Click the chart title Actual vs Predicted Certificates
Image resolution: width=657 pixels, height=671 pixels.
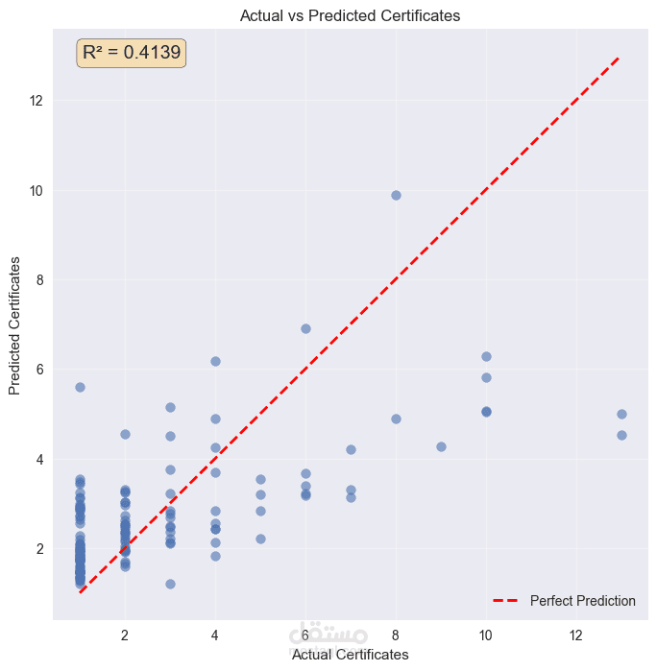[x=351, y=15]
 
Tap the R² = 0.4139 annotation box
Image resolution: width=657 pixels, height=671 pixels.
[x=132, y=53]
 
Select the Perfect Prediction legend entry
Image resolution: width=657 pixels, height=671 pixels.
[x=565, y=601]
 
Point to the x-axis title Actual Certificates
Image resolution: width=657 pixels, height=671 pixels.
[x=351, y=655]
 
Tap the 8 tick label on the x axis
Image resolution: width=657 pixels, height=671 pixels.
[x=396, y=635]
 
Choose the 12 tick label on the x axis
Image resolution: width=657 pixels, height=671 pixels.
[x=576, y=635]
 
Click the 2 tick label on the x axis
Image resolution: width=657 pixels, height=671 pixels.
[x=125, y=635]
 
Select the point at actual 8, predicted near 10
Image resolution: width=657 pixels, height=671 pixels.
[x=396, y=195]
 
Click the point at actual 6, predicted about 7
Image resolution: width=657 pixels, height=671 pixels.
[x=305, y=328]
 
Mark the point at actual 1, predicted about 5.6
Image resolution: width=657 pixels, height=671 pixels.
[x=80, y=387]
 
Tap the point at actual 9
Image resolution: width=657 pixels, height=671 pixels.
[x=441, y=446]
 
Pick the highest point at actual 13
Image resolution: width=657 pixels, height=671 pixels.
[x=621, y=414]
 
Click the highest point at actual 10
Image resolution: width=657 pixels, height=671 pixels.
[x=486, y=356]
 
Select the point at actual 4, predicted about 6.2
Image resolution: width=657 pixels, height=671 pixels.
[x=215, y=361]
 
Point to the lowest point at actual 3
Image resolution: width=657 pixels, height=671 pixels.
[x=170, y=584]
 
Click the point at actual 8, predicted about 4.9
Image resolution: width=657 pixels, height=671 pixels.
[x=396, y=419]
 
